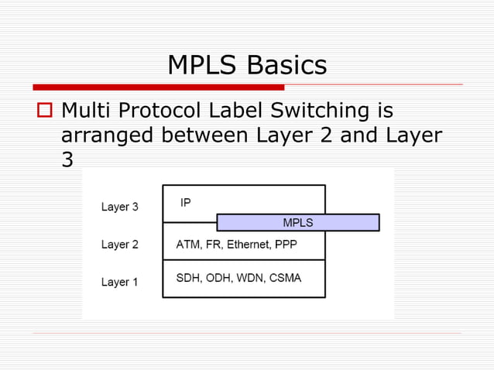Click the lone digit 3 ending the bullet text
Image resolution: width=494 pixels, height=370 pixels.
67,160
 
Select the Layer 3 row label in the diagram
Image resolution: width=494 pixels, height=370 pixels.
120,207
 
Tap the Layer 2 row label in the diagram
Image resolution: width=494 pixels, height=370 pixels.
120,245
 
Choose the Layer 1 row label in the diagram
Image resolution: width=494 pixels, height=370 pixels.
120,282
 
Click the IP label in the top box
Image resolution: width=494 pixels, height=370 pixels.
186,203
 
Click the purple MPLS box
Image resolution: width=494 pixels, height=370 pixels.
298,223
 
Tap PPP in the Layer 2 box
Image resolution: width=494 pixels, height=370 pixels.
286,245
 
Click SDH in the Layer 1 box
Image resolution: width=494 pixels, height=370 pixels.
188,278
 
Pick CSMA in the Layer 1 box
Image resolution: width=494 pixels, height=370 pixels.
285,278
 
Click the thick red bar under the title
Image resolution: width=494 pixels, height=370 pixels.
158,87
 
